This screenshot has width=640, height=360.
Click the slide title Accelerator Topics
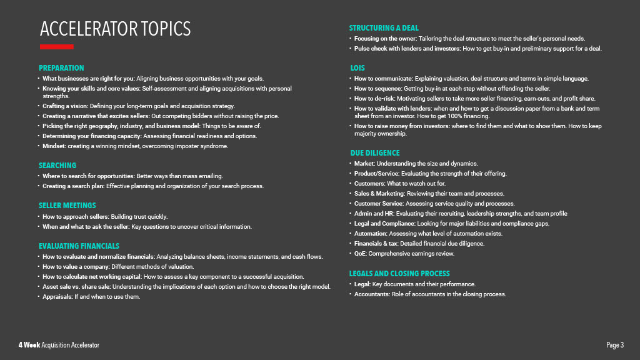click(115, 29)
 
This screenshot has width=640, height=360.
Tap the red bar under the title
click(56, 47)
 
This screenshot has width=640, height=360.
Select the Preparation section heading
click(61, 68)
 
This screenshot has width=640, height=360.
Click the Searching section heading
click(57, 166)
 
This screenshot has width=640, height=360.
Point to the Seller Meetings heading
click(67, 206)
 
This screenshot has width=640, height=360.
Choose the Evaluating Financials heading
click(79, 246)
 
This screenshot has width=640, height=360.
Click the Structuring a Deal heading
click(384, 28)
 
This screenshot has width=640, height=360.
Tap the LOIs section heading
click(357, 68)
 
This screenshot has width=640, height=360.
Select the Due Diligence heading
click(374, 153)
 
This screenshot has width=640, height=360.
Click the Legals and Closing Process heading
click(399, 274)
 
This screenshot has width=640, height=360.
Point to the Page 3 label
click(615, 346)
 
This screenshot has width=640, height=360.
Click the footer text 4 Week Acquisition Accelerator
click(59, 346)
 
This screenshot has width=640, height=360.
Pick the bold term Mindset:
click(54, 146)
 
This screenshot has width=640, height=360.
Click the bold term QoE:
click(361, 254)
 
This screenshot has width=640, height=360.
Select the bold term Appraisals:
click(57, 297)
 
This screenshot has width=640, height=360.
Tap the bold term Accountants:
click(372, 294)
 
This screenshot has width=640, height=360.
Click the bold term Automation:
click(371, 234)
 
